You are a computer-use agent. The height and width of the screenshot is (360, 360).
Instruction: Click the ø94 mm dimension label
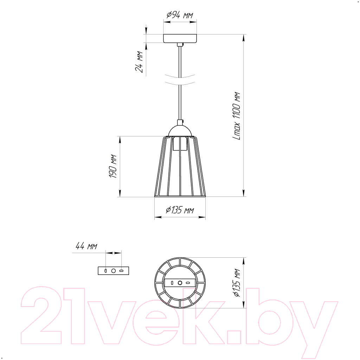coord(180,15)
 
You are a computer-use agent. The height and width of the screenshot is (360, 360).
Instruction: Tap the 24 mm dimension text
coord(139,62)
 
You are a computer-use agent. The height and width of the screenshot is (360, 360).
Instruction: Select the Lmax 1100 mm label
coord(237,116)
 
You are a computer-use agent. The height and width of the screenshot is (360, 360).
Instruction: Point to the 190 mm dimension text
coord(113,166)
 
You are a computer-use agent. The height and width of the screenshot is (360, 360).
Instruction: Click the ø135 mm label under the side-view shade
coord(180,210)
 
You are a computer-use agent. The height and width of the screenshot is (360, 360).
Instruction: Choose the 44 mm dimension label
coord(86,246)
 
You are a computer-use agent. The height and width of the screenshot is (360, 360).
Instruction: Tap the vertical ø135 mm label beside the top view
coord(237,283)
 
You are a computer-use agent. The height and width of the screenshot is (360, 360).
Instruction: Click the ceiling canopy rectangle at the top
coord(180,38)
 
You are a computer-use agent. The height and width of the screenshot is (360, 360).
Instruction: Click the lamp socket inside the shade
coord(180,144)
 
